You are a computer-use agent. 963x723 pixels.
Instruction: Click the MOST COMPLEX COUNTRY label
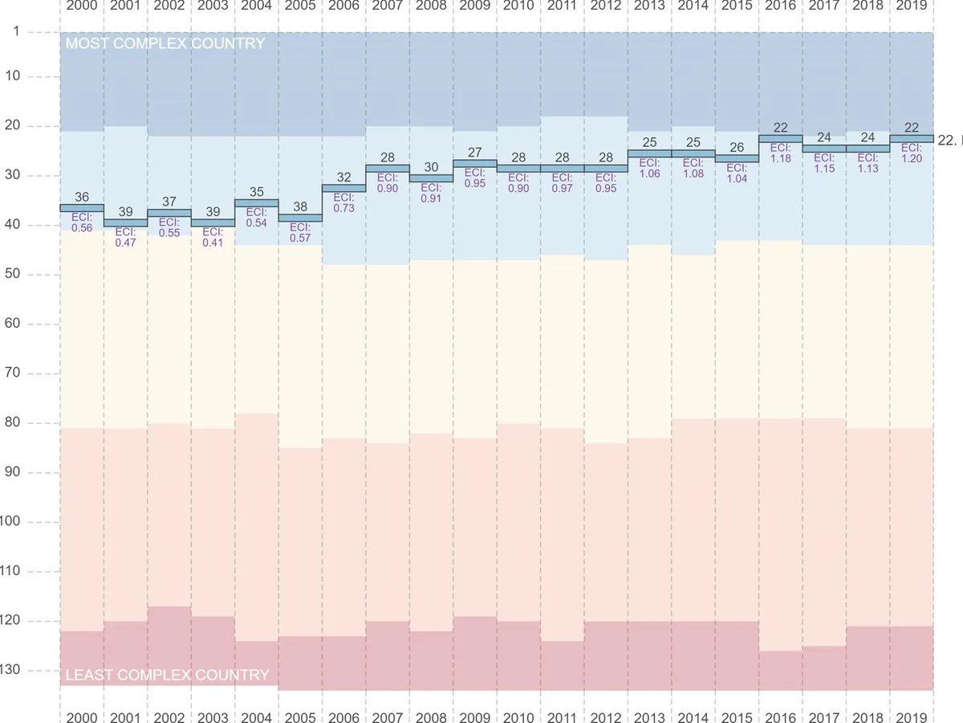165,43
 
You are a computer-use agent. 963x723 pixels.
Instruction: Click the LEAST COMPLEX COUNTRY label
167,675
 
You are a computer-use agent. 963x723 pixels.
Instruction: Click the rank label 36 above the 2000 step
82,197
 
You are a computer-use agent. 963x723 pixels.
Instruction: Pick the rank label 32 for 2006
343,177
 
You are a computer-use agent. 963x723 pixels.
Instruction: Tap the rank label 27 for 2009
474,152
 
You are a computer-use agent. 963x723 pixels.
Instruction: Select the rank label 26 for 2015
736,147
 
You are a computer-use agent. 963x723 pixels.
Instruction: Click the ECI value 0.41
213,243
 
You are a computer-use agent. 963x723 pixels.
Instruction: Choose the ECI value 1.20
911,159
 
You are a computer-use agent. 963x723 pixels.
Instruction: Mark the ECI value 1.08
693,174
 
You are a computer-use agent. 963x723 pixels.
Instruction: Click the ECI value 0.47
126,243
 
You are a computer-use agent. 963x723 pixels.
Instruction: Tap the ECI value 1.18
780,159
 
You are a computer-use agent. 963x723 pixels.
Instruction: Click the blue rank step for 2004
256,203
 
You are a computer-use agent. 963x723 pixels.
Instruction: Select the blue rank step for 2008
431,178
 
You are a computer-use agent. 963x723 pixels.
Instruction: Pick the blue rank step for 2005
300,218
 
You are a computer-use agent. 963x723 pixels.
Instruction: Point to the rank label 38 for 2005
300,206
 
